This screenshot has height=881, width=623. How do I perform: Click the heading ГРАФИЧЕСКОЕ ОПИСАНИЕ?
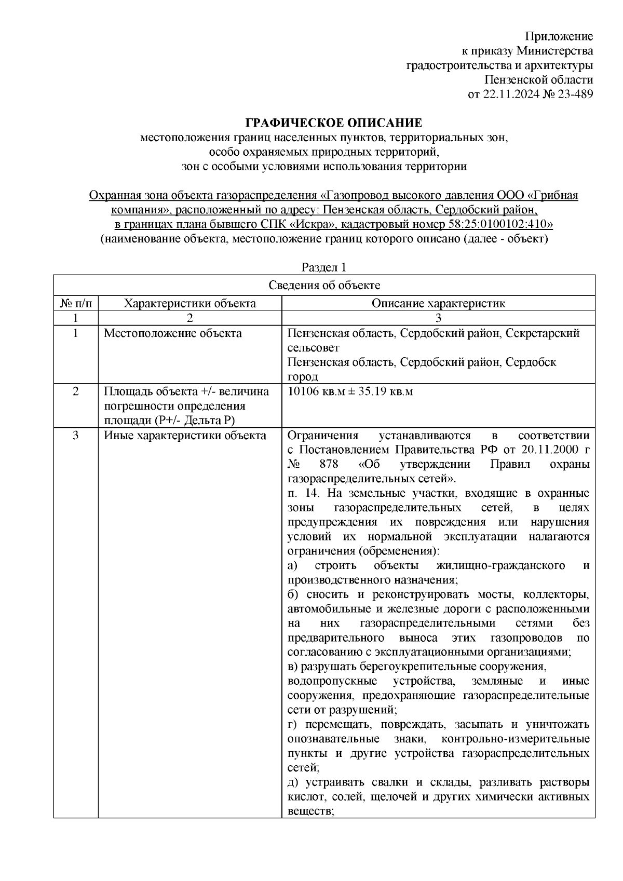click(x=333, y=123)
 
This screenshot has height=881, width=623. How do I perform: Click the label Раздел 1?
click(x=324, y=267)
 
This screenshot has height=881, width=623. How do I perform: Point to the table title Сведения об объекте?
click(x=324, y=285)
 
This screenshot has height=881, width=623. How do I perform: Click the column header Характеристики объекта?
click(x=190, y=303)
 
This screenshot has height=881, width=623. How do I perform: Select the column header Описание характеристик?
click(x=438, y=303)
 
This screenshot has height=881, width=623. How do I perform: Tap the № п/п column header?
click(x=76, y=303)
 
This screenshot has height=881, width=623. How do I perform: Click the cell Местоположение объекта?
click(x=172, y=333)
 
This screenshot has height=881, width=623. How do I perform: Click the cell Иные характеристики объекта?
click(x=185, y=435)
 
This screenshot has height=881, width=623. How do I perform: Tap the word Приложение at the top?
click(x=559, y=36)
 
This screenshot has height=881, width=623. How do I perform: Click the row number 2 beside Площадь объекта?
click(x=76, y=391)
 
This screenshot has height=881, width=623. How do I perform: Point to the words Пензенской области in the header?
click(x=538, y=79)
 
